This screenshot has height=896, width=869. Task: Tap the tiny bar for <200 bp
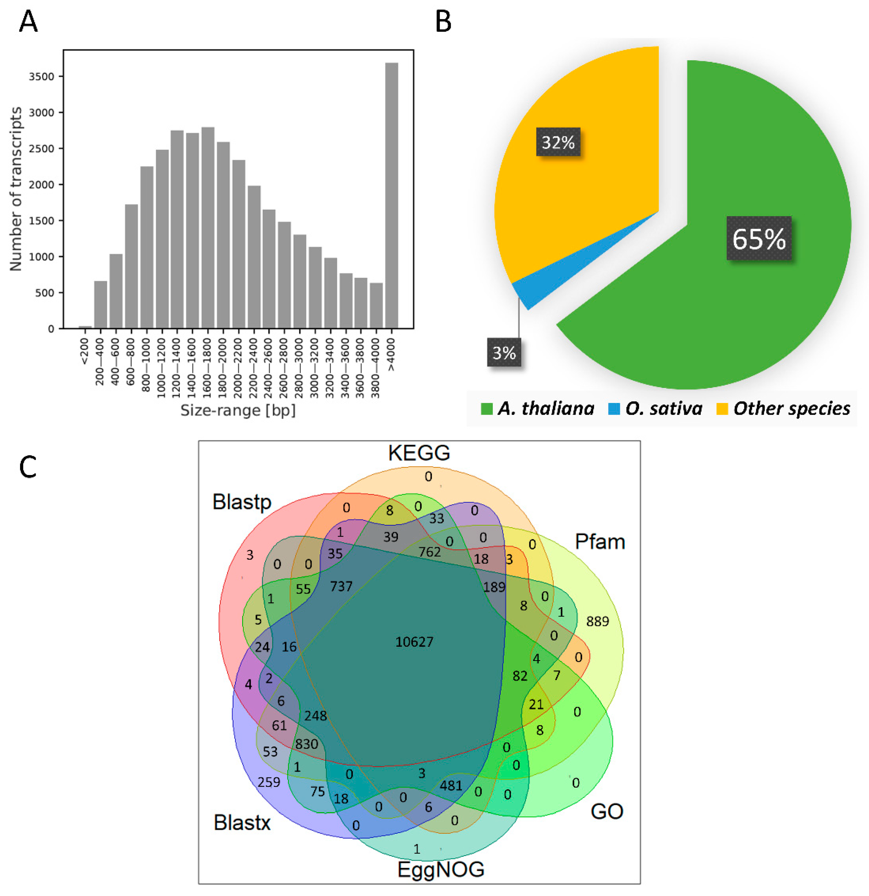coord(85,327)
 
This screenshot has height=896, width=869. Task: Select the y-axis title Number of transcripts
coord(16,189)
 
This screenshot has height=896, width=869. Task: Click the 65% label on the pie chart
coord(758,238)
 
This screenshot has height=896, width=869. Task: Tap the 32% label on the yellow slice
coord(558,142)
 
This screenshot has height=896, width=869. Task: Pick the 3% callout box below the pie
coord(504,353)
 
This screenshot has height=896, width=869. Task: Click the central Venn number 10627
coord(414,642)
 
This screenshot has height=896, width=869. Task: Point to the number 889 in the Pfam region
coord(597,621)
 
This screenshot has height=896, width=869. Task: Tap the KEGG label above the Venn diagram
coord(419,453)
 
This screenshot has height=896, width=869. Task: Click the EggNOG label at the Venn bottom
coord(440,869)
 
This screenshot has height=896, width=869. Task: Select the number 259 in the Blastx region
coord(268,782)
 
